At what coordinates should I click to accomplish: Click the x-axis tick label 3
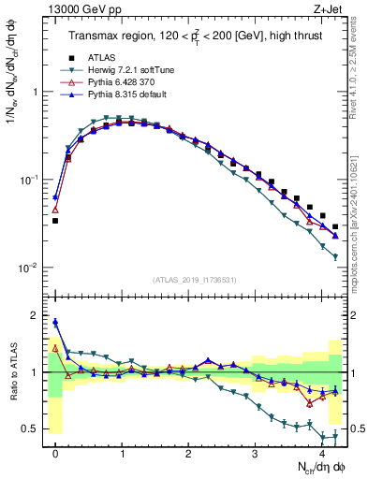[255, 453]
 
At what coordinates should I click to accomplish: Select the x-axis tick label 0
[56, 453]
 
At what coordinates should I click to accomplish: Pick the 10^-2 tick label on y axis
[28, 268]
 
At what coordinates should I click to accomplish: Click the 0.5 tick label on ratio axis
[31, 428]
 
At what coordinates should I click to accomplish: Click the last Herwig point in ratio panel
[335, 435]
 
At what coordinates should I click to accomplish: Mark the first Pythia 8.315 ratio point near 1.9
[55, 322]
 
